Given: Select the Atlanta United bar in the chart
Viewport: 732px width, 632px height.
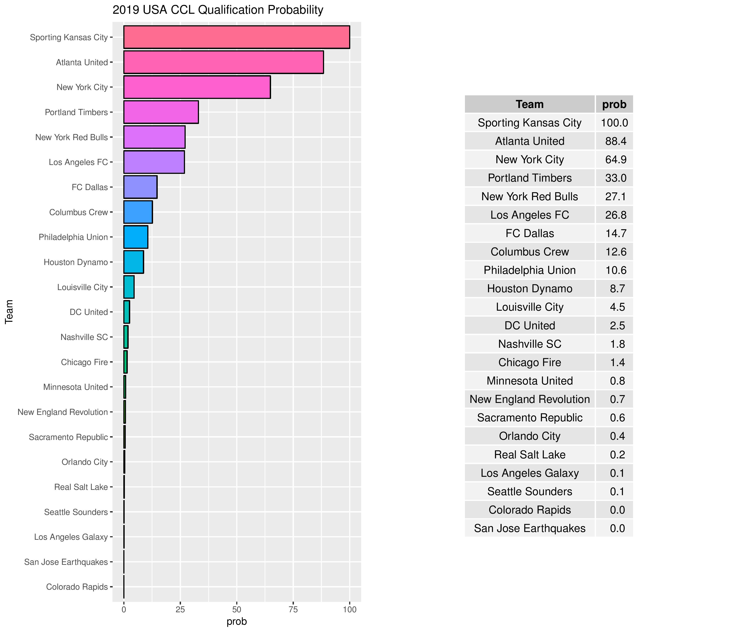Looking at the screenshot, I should (x=223, y=62).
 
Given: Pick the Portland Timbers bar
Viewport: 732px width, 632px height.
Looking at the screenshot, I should (x=161, y=112).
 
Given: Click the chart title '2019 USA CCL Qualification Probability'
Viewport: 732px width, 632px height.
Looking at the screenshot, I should (x=218, y=10).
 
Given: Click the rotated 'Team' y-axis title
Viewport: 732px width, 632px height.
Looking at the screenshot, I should (x=9, y=312).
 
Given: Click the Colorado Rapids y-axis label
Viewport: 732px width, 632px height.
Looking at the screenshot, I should (x=77, y=587).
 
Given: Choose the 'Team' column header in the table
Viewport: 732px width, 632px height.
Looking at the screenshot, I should (x=529, y=104).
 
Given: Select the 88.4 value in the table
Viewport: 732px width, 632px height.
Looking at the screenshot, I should (x=615, y=141).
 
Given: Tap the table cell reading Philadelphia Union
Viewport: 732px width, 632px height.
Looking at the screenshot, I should (x=529, y=270).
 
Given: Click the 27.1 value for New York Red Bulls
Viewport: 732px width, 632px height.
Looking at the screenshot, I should (x=615, y=196).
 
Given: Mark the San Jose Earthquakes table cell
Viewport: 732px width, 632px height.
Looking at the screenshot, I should (x=529, y=528).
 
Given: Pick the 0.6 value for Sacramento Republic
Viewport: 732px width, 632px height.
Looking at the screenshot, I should (x=617, y=418).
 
